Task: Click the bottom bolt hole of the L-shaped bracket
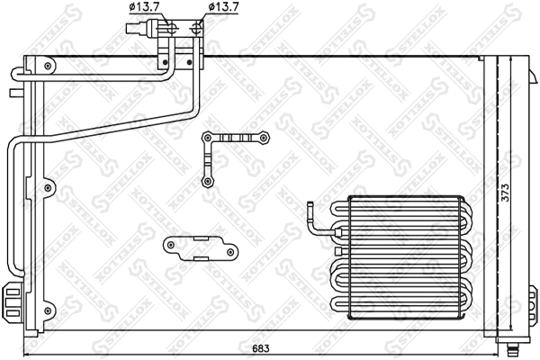209,181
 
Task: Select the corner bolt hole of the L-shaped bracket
208,138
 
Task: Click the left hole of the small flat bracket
169,245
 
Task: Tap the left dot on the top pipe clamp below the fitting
166,61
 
